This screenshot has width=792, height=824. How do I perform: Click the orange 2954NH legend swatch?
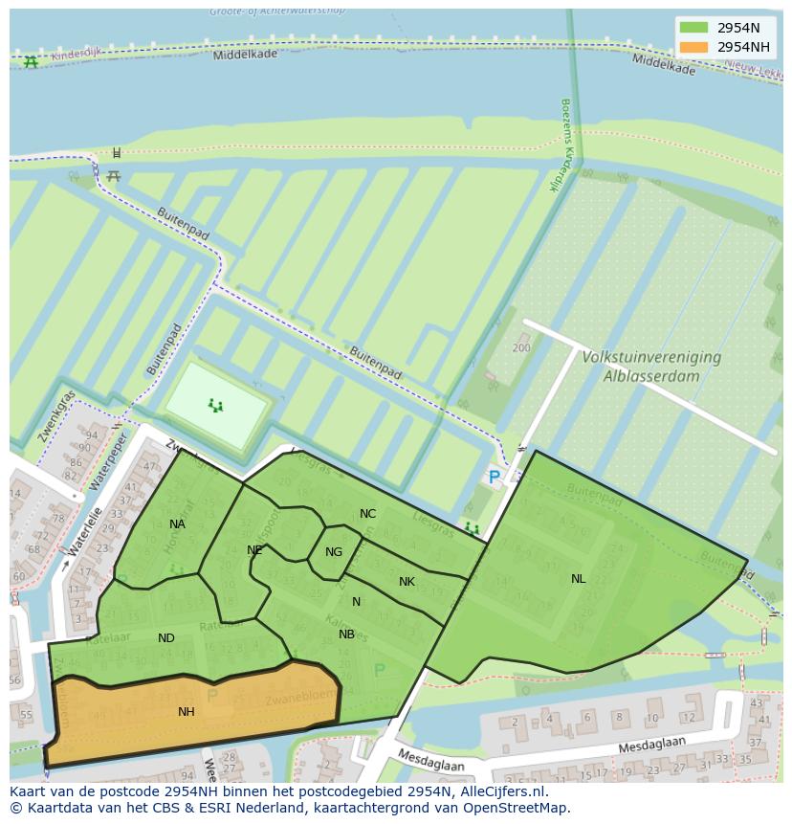tap(694, 47)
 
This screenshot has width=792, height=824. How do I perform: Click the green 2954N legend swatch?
tap(694, 28)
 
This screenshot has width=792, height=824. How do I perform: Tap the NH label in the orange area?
tap(187, 711)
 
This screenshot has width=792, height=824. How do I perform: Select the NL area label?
tap(578, 579)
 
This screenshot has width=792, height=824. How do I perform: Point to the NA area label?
tap(177, 523)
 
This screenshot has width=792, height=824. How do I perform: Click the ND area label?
tap(166, 638)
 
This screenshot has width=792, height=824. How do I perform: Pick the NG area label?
tap(333, 552)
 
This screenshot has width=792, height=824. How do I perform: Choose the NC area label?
tap(367, 514)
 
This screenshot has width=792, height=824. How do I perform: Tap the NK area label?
tap(407, 582)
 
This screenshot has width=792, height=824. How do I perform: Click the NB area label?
tap(346, 635)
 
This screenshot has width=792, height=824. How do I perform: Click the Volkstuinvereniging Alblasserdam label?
tap(650, 366)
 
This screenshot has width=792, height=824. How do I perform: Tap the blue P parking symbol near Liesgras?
tap(494, 477)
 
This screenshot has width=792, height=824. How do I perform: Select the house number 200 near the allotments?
tap(520, 347)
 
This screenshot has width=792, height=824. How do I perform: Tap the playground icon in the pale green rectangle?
tap(216, 406)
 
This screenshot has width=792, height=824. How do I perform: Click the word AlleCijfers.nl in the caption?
tap(499, 791)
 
